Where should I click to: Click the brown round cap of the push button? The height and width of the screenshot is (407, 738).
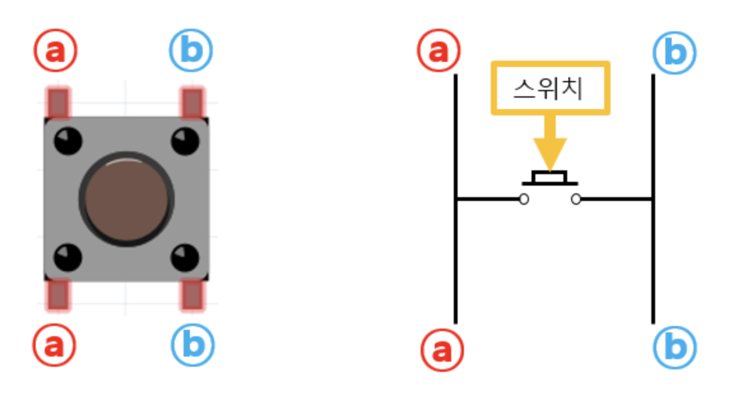126,198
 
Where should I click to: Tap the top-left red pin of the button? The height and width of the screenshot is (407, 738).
58,103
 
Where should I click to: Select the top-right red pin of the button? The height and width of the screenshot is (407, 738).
192,103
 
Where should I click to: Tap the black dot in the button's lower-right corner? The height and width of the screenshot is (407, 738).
185,257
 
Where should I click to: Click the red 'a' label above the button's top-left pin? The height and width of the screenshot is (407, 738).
56,51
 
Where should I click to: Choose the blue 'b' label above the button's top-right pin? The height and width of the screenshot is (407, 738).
191,51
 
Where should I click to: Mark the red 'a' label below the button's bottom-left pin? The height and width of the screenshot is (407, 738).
55,345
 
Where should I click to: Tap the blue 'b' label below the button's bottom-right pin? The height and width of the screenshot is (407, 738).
192,345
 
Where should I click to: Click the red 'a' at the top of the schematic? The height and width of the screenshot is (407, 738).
439,51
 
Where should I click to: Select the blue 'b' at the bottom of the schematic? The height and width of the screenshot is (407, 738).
675,348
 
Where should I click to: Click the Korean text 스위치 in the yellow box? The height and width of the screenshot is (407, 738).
549,89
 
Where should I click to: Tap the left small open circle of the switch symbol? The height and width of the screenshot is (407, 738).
524,200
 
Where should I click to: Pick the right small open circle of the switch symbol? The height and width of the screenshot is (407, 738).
576,200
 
